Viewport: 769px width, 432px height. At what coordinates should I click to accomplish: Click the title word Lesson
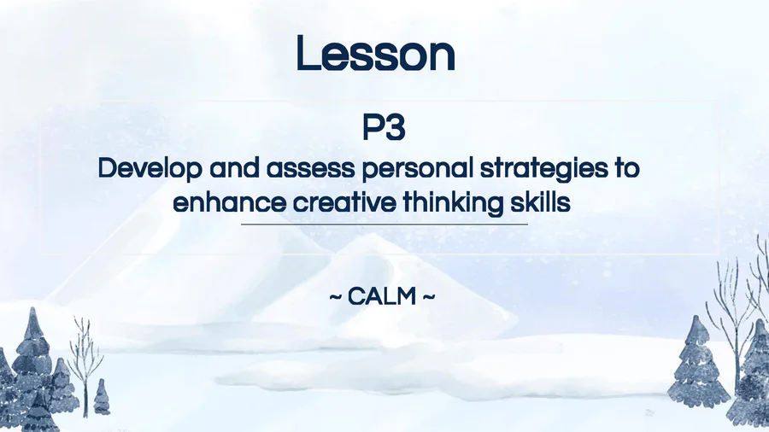[x=376, y=53]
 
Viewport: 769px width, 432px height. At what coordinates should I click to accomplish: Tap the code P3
[x=384, y=127]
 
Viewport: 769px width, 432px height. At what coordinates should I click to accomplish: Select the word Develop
[x=150, y=169]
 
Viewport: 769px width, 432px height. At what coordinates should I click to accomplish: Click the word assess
[x=310, y=168]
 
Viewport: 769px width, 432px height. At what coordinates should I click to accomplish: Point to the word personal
[x=417, y=169]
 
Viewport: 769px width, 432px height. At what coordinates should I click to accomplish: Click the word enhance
[x=230, y=202]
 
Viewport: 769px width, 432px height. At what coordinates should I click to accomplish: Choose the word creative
[x=344, y=202]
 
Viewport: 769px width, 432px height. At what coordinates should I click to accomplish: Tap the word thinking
[x=453, y=203]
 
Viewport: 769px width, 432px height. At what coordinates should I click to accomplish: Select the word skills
[x=540, y=202]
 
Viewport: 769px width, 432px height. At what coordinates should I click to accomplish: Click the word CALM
[x=382, y=297]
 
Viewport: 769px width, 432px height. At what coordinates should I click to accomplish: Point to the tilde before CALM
[x=336, y=297]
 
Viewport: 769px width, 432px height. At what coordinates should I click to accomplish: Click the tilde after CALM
[x=428, y=297]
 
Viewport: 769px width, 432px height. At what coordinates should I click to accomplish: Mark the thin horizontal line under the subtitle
[x=384, y=225]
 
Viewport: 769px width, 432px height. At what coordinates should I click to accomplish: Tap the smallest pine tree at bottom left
[x=102, y=397]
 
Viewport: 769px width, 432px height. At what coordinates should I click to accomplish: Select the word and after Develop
[x=234, y=168]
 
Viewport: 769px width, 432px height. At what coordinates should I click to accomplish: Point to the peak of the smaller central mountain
[x=373, y=234]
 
